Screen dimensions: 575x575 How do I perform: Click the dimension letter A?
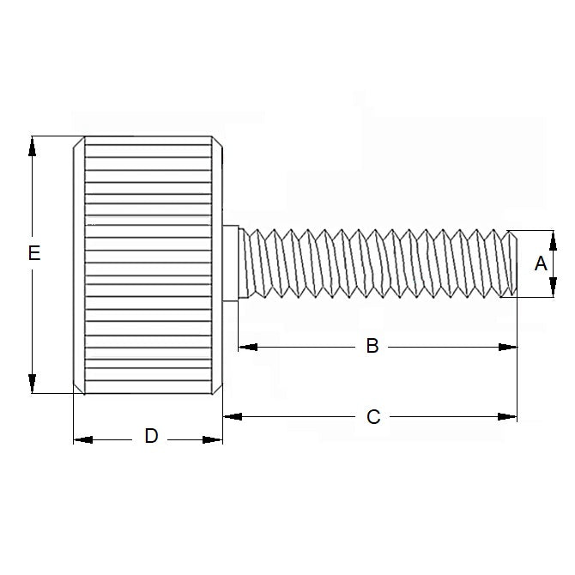coord(541,263)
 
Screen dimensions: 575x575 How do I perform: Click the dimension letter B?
coord(372,346)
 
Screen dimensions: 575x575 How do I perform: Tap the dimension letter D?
coord(151,436)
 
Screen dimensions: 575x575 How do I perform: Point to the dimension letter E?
coord(33,253)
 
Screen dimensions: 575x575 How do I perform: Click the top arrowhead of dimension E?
coord(33,146)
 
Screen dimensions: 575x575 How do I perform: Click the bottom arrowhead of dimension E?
coord(33,384)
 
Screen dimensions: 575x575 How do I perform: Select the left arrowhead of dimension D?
coord(82,439)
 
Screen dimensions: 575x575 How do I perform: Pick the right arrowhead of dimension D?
coord(213,439)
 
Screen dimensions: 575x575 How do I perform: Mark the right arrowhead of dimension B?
coord(508,347)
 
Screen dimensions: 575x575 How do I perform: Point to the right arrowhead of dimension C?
coord(508,416)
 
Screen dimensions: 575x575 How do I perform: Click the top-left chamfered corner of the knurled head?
coord(78,142)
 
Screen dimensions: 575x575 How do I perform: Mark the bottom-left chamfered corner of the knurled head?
coord(78,388)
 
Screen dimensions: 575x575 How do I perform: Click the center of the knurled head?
coord(148,264)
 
